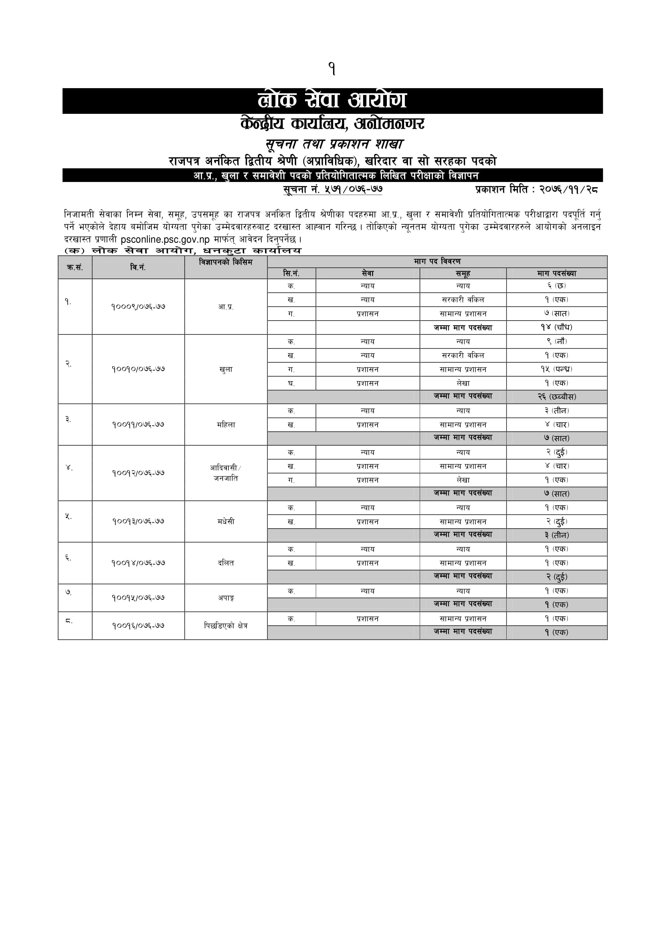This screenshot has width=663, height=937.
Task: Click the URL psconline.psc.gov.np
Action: pyautogui.click(x=165, y=239)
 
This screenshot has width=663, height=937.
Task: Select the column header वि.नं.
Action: pyautogui.click(x=138, y=267)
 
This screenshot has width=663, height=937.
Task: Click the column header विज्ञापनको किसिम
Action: pyautogui.click(x=226, y=262)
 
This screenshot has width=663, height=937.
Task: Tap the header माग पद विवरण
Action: pyautogui.click(x=437, y=261)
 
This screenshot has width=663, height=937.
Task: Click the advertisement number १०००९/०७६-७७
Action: pyautogui.click(x=138, y=307)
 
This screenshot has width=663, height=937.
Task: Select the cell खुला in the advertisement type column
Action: pyautogui.click(x=226, y=370)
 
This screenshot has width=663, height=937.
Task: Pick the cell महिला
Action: pyautogui.click(x=226, y=424)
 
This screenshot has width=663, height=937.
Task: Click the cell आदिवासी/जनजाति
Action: pyautogui.click(x=226, y=473)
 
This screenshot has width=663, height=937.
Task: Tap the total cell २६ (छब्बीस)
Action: pyautogui.click(x=556, y=397)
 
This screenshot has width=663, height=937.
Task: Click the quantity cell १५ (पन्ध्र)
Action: pyautogui.click(x=556, y=369)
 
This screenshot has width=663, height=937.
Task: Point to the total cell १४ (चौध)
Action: pyautogui.click(x=556, y=327)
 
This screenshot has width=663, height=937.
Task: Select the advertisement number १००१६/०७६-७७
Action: pyautogui.click(x=138, y=625)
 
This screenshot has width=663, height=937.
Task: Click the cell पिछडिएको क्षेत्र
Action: pyautogui.click(x=226, y=625)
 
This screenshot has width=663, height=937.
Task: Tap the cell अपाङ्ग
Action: pyautogui.click(x=226, y=598)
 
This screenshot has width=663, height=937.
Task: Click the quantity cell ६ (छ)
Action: pyautogui.click(x=556, y=286)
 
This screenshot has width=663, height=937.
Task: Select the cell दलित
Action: pyautogui.click(x=226, y=563)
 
